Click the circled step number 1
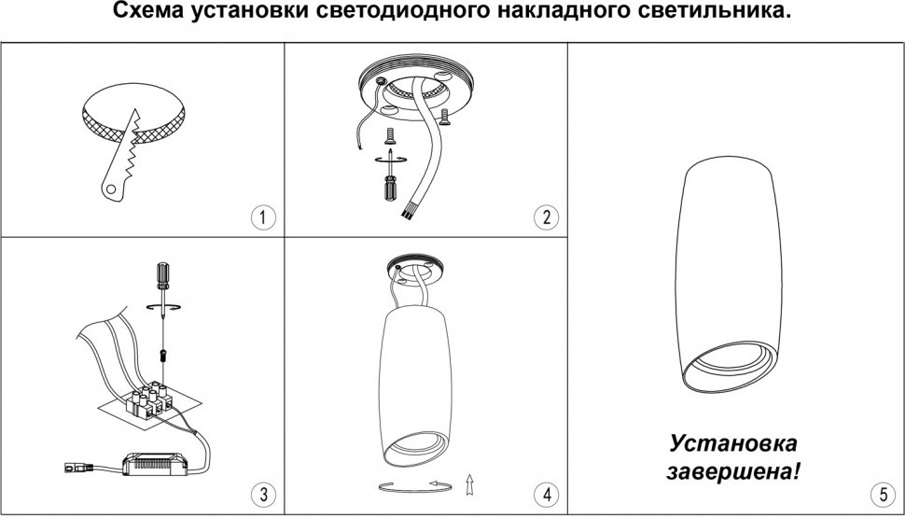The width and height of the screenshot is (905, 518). tap(263, 217)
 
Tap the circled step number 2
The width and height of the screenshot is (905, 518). tap(546, 217)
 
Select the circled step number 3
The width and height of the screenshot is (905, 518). tap(263, 495)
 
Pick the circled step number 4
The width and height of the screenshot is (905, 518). tap(546, 495)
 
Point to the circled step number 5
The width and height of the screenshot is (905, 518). tap(883, 495)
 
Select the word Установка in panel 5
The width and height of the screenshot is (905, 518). tap(733, 443)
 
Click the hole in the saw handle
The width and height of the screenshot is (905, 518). tap(112, 189)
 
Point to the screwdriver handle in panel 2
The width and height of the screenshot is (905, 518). tap(390, 187)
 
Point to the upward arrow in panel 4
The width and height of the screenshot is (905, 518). tap(469, 484)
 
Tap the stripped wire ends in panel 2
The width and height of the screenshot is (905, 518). tap(407, 213)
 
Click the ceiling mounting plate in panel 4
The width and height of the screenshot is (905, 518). tap(416, 268)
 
